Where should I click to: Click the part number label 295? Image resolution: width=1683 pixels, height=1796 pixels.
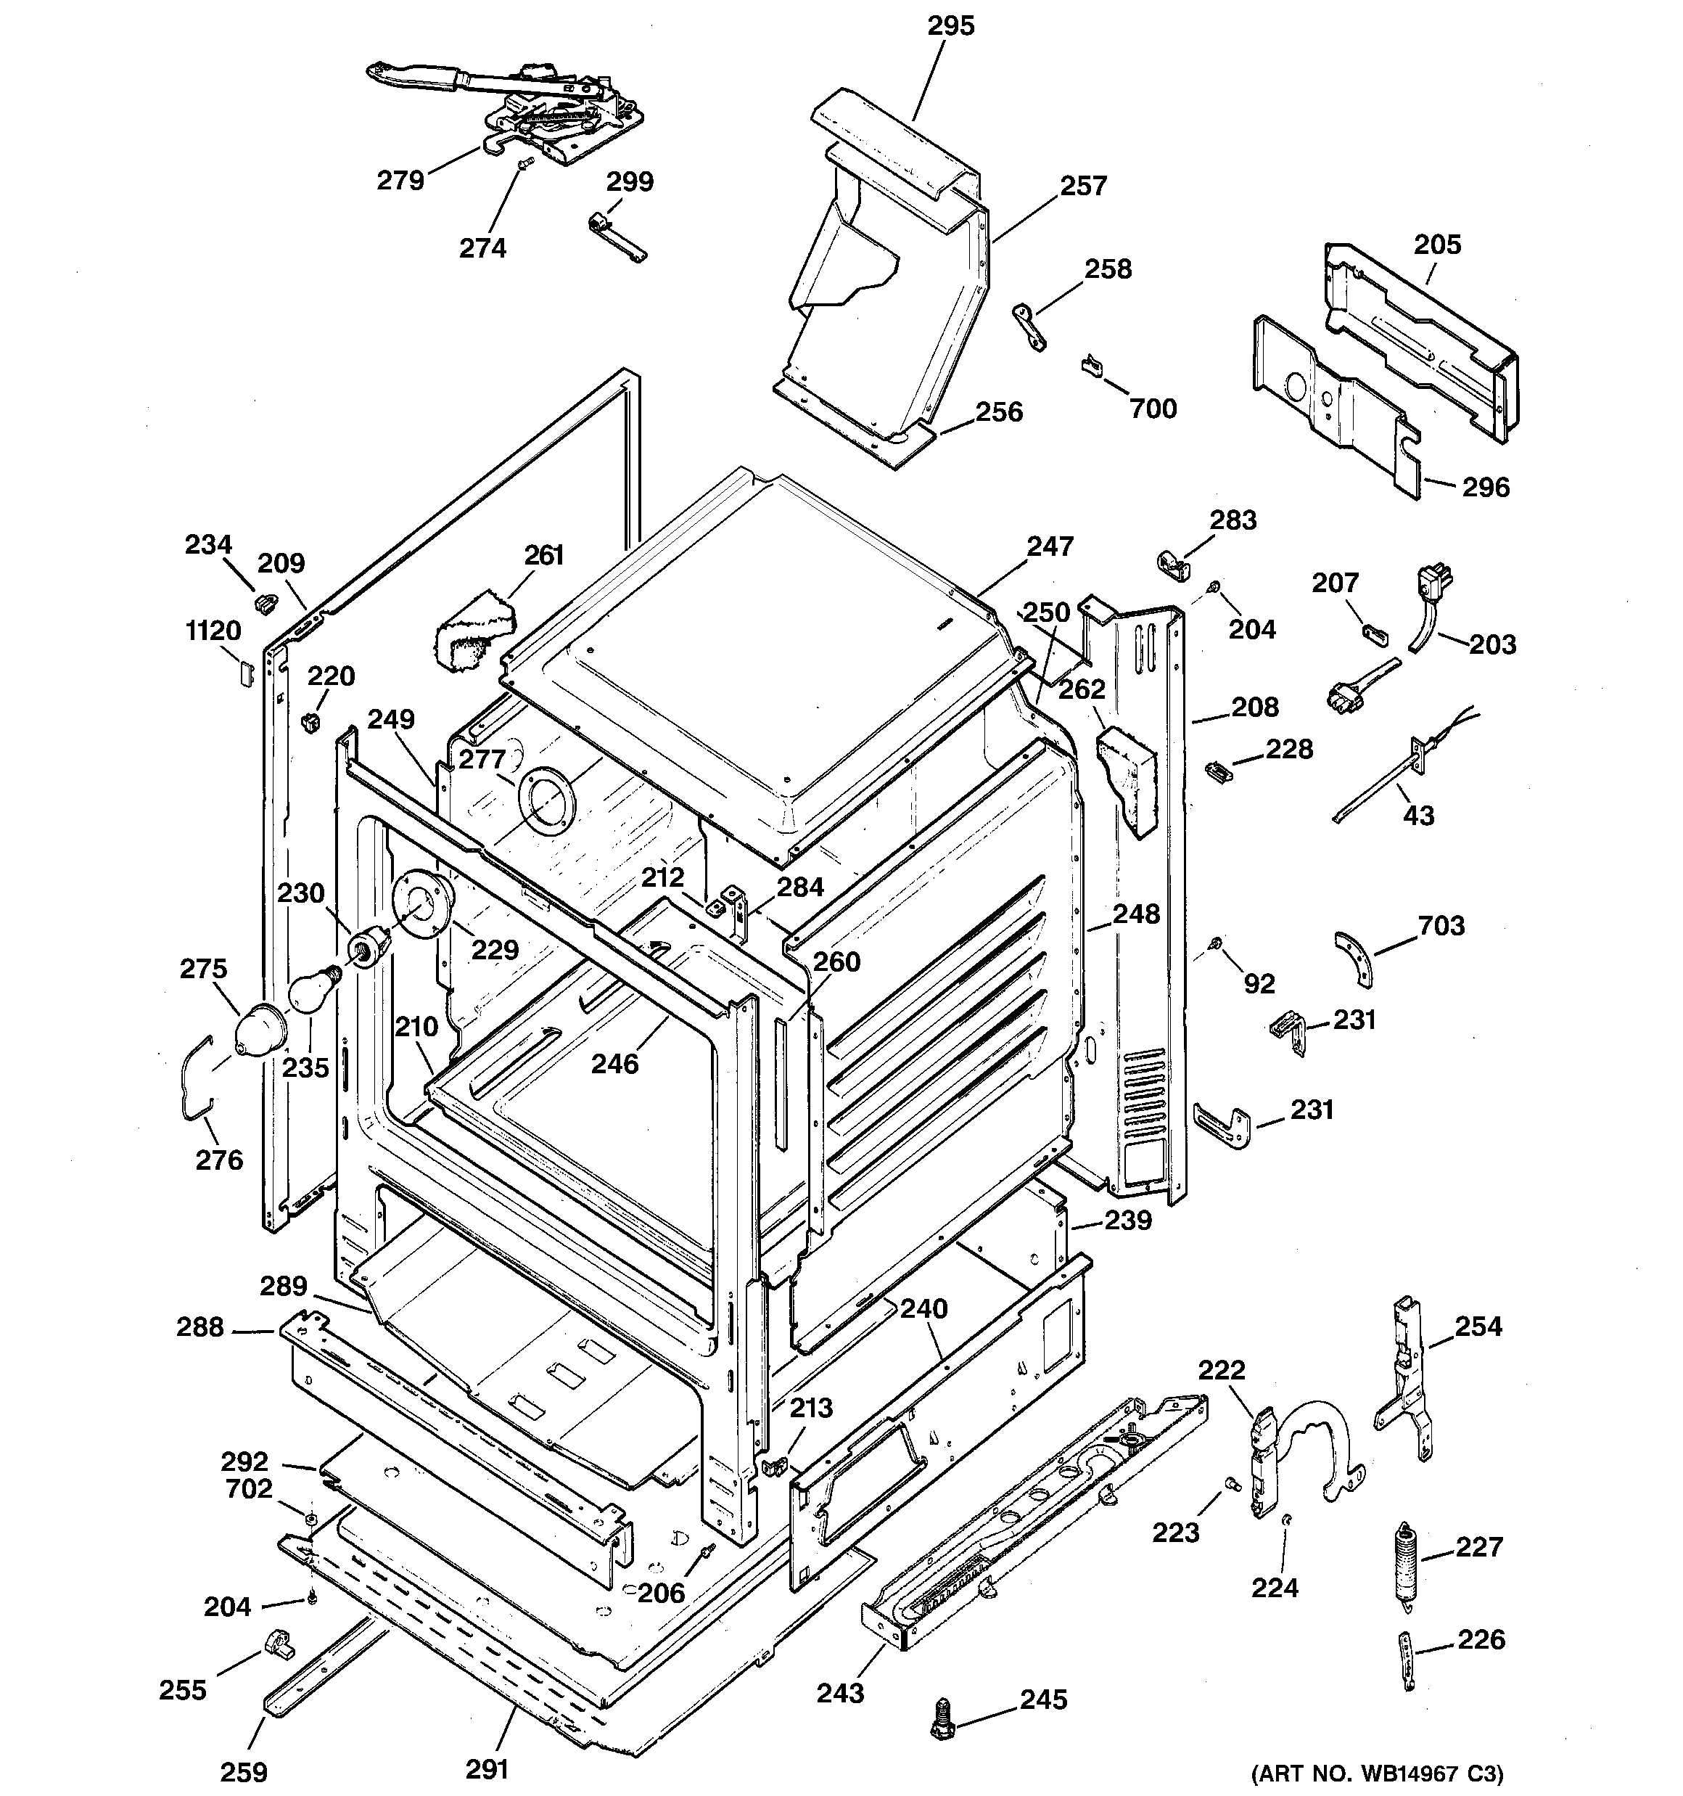[950, 26]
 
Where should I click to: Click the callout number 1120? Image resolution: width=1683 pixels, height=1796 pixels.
[213, 631]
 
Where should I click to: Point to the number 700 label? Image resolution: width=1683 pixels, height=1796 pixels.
[1153, 409]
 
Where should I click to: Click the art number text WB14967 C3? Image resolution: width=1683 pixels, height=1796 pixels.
[1377, 1773]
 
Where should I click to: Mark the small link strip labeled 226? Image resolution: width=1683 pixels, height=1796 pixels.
[1407, 1664]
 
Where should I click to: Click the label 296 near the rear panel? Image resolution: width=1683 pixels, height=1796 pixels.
[1485, 488]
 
